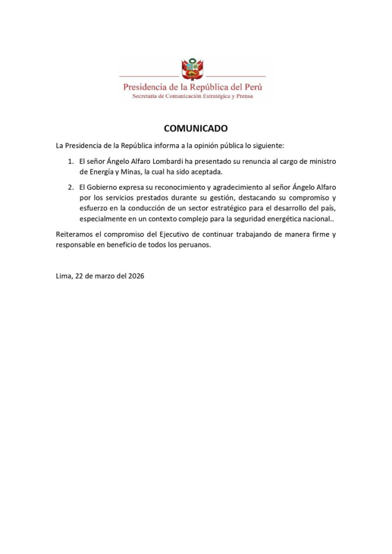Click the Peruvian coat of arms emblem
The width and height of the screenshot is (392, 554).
click(192, 70)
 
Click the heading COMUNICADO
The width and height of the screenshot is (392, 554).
click(195, 128)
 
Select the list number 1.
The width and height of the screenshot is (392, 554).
click(70, 162)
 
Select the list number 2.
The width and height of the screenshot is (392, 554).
click(70, 187)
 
